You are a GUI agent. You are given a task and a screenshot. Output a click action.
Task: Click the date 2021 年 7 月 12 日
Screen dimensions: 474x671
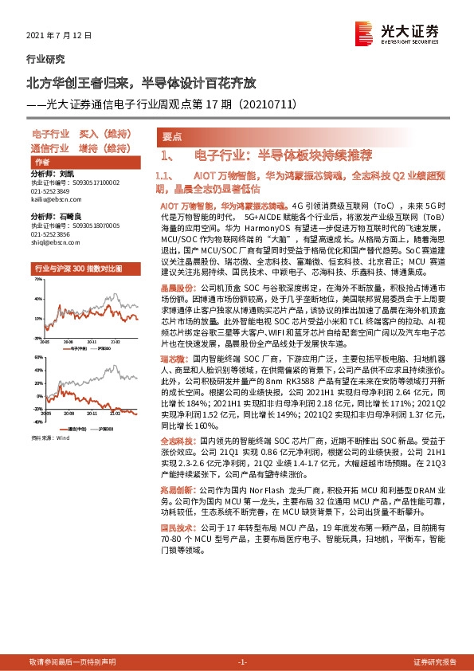(60, 36)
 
